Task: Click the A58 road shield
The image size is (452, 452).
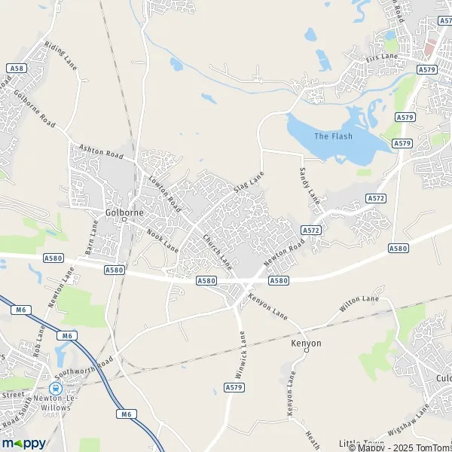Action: pos(14,68)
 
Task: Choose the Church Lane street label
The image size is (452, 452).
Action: pos(217,252)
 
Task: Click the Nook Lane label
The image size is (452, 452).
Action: pos(162,241)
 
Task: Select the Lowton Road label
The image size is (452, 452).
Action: pos(164,192)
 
